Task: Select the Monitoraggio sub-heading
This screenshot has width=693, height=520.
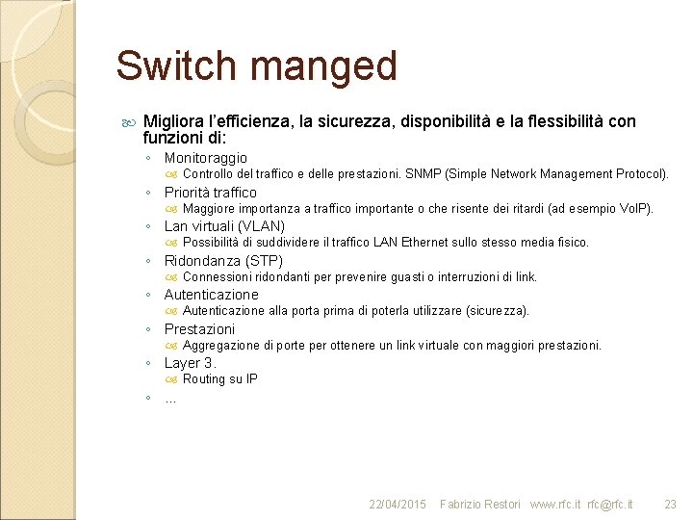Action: (x=205, y=158)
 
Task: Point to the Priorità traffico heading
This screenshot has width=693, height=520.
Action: (x=210, y=193)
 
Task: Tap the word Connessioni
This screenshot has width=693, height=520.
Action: (x=218, y=277)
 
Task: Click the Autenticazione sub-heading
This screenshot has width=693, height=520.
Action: (x=211, y=295)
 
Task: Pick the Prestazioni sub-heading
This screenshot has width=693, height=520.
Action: (x=198, y=329)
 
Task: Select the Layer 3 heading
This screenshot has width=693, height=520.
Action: (x=190, y=363)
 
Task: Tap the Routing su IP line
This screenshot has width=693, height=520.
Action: (x=219, y=379)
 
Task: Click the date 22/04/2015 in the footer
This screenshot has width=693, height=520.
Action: (x=398, y=505)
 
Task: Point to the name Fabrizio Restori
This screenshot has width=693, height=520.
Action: (x=479, y=505)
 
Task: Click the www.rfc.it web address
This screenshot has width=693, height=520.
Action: (x=555, y=505)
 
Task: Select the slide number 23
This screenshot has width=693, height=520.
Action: (x=670, y=505)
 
